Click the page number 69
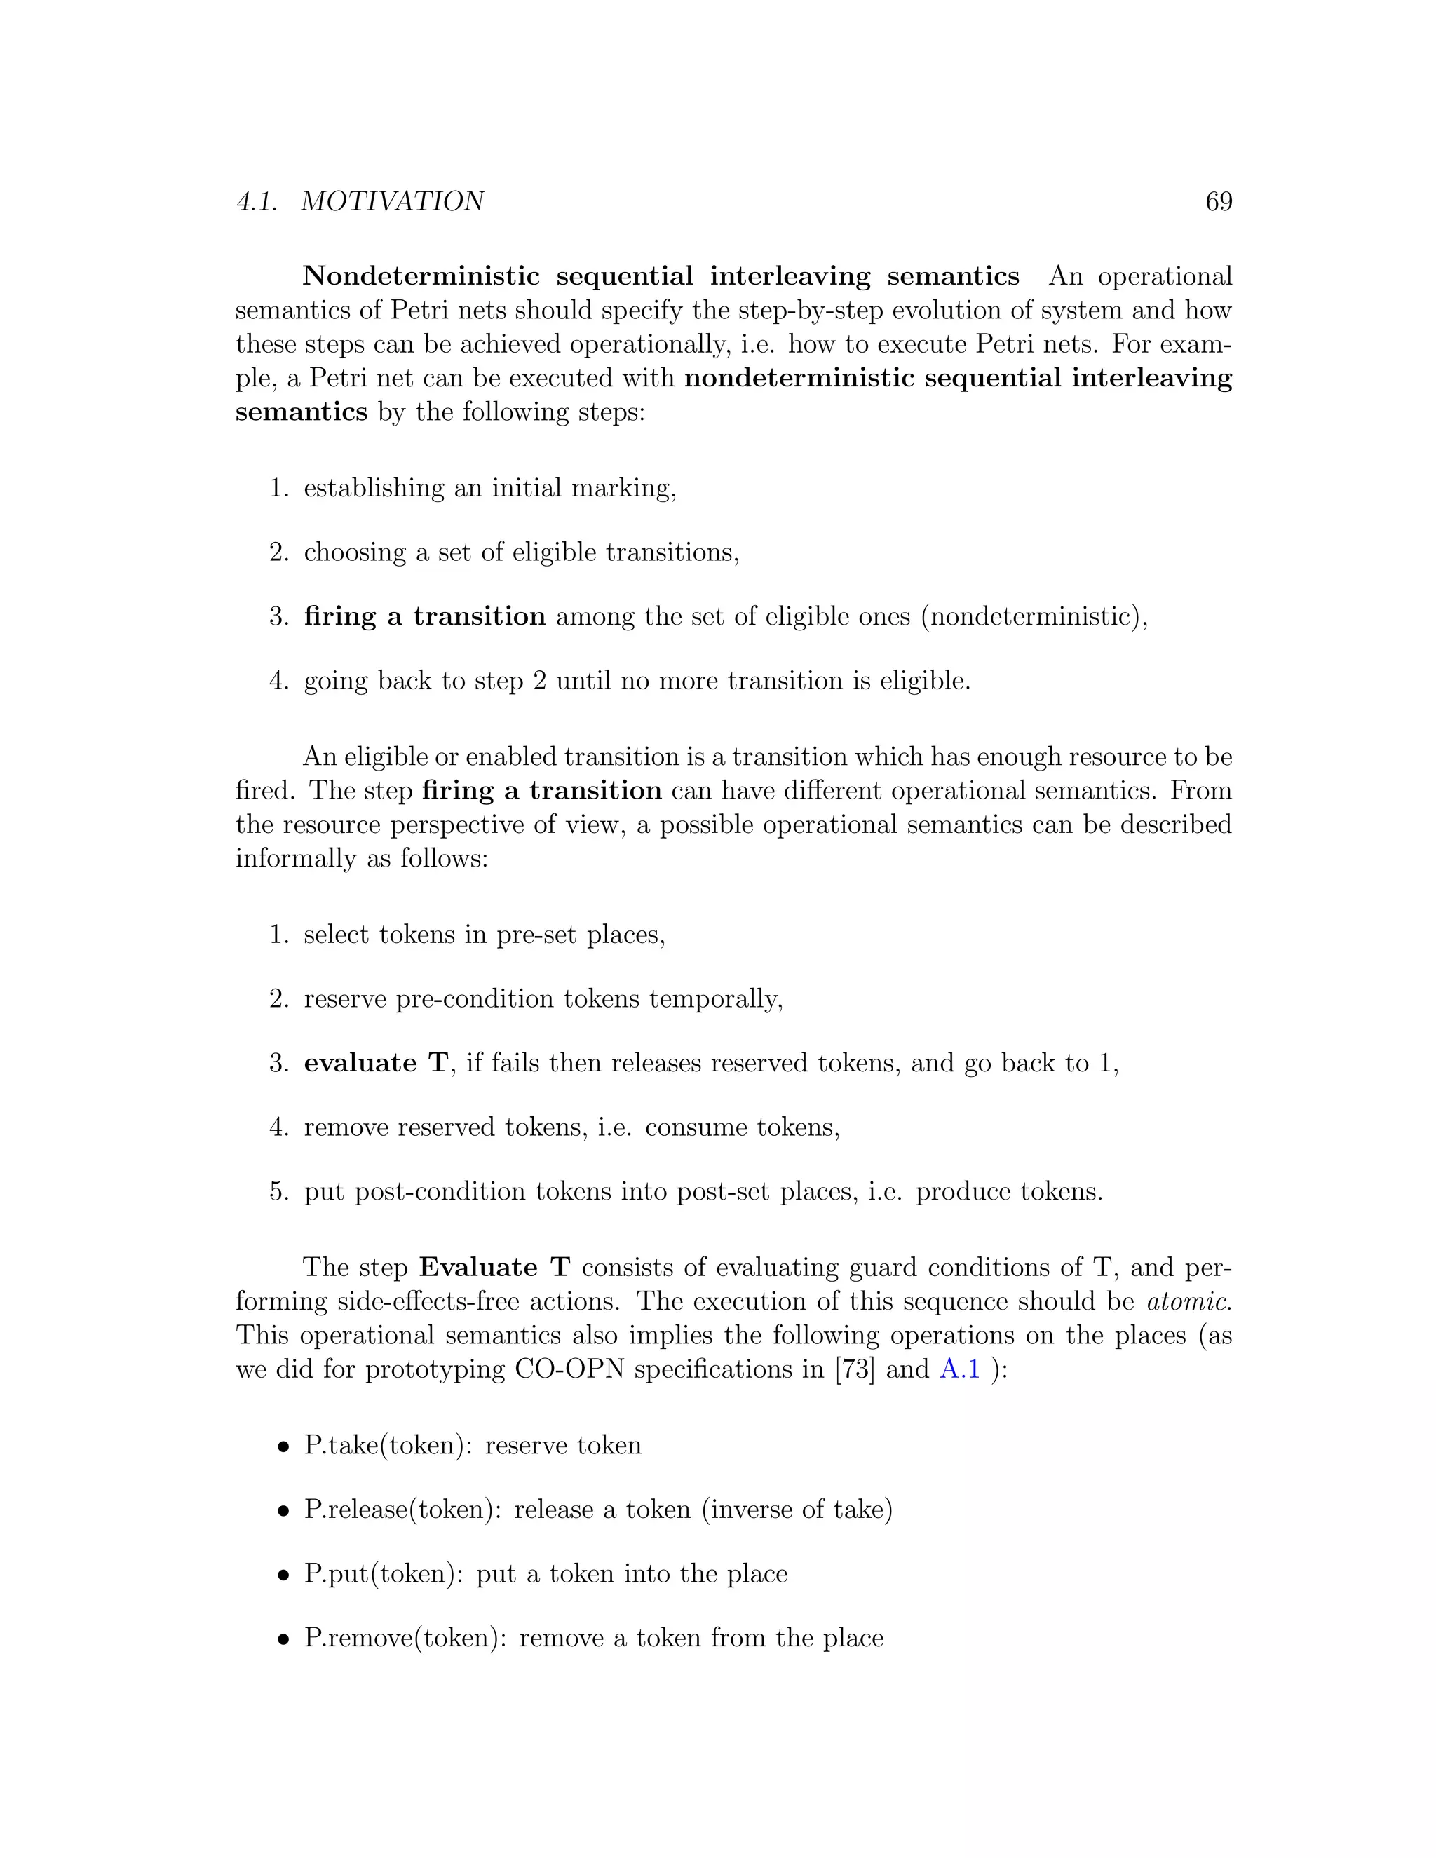coord(1218,202)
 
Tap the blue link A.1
coord(960,1369)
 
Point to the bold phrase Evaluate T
coord(494,1267)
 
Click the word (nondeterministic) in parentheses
coord(1034,616)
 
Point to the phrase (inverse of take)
coord(797,1510)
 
